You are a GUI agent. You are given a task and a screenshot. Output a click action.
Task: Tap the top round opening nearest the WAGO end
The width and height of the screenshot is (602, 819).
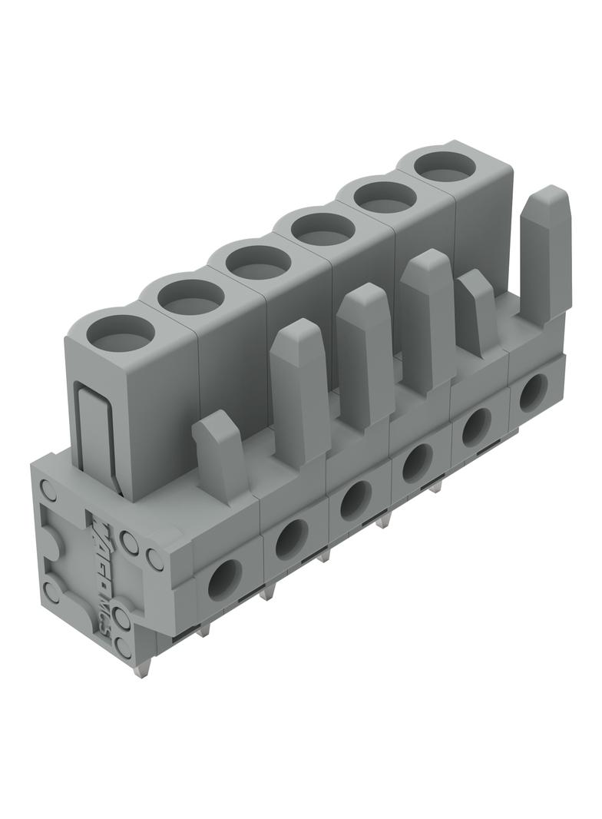(120, 333)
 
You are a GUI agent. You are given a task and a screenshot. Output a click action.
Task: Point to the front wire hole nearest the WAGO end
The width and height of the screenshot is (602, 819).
(224, 579)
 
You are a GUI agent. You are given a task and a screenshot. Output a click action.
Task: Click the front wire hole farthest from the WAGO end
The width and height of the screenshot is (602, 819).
(532, 393)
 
